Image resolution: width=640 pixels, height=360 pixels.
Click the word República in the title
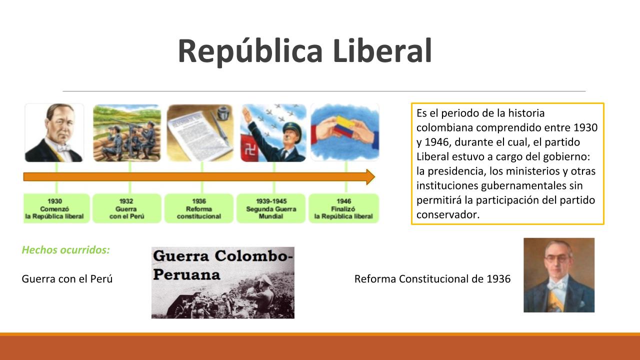click(250, 51)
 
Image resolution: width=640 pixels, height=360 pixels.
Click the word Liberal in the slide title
click(382, 50)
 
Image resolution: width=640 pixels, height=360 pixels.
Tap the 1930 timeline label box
click(56, 208)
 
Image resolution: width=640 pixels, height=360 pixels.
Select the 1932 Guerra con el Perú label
click(127, 208)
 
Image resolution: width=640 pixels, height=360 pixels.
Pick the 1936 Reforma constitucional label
click(199, 208)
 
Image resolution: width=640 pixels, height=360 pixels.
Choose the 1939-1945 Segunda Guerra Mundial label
click(271, 208)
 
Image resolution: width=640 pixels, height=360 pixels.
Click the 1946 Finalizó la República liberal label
click(343, 208)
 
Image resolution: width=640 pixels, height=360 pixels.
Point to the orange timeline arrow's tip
click(374, 177)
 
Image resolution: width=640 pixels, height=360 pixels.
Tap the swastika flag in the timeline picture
click(249, 148)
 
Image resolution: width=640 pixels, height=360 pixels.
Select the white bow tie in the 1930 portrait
click(64, 147)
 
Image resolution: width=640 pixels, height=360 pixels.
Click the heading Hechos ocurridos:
click(65, 250)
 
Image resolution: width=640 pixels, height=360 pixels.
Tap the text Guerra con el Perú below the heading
click(67, 279)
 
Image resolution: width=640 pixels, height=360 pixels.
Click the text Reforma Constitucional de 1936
click(432, 279)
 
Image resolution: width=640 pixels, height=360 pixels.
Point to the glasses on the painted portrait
click(557, 259)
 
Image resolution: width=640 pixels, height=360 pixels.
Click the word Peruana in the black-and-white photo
click(186, 274)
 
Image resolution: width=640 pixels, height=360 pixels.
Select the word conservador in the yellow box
click(447, 214)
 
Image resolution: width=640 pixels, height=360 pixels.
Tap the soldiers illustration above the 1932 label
click(127, 133)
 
